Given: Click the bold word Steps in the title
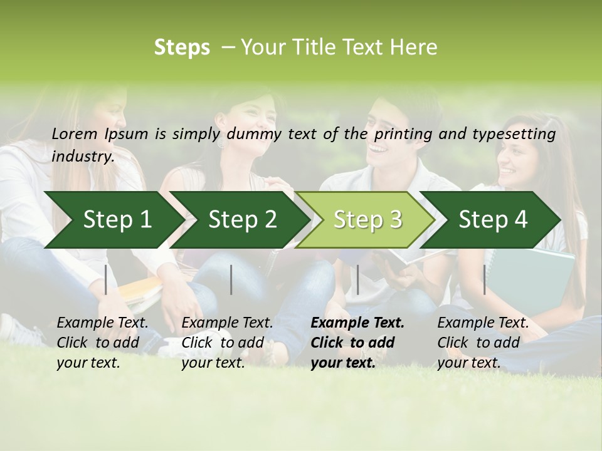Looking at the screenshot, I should point(182,48).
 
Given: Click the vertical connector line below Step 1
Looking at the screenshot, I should point(106,279).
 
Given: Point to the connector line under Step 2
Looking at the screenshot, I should point(231,279).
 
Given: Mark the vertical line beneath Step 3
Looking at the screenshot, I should point(357,279).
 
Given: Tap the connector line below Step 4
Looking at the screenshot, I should point(484,279).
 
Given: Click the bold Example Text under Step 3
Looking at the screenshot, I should point(357,323).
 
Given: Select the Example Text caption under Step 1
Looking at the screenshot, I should point(102,323).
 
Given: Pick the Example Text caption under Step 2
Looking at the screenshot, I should point(227,323).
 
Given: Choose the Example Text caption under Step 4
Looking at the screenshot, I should point(483,323).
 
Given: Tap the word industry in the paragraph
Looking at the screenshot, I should point(82,157).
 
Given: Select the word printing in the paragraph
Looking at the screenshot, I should point(404,134).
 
